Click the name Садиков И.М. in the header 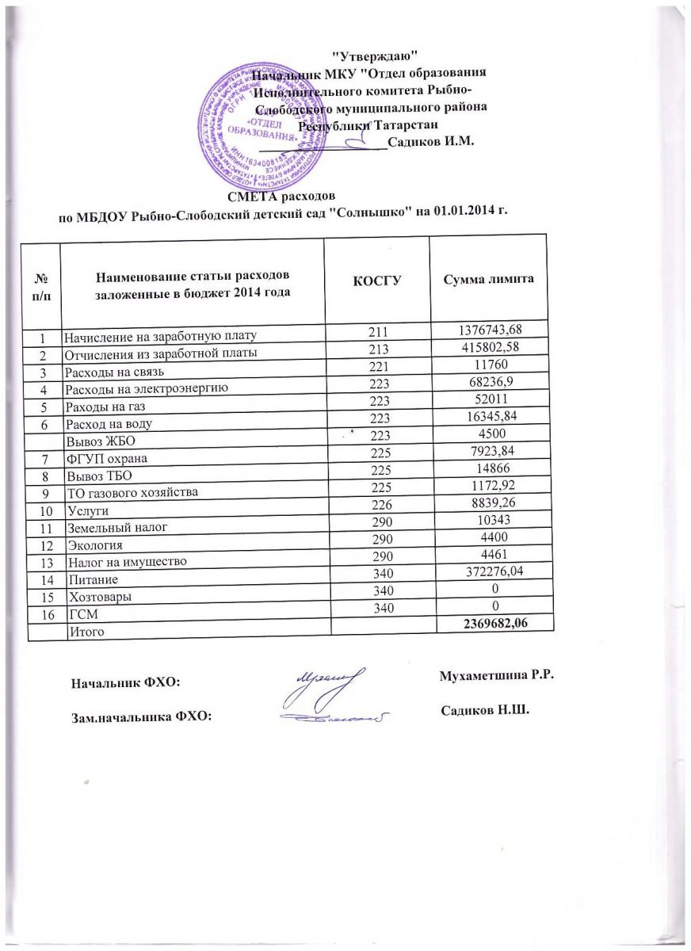[431, 143]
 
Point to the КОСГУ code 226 [376, 517]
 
